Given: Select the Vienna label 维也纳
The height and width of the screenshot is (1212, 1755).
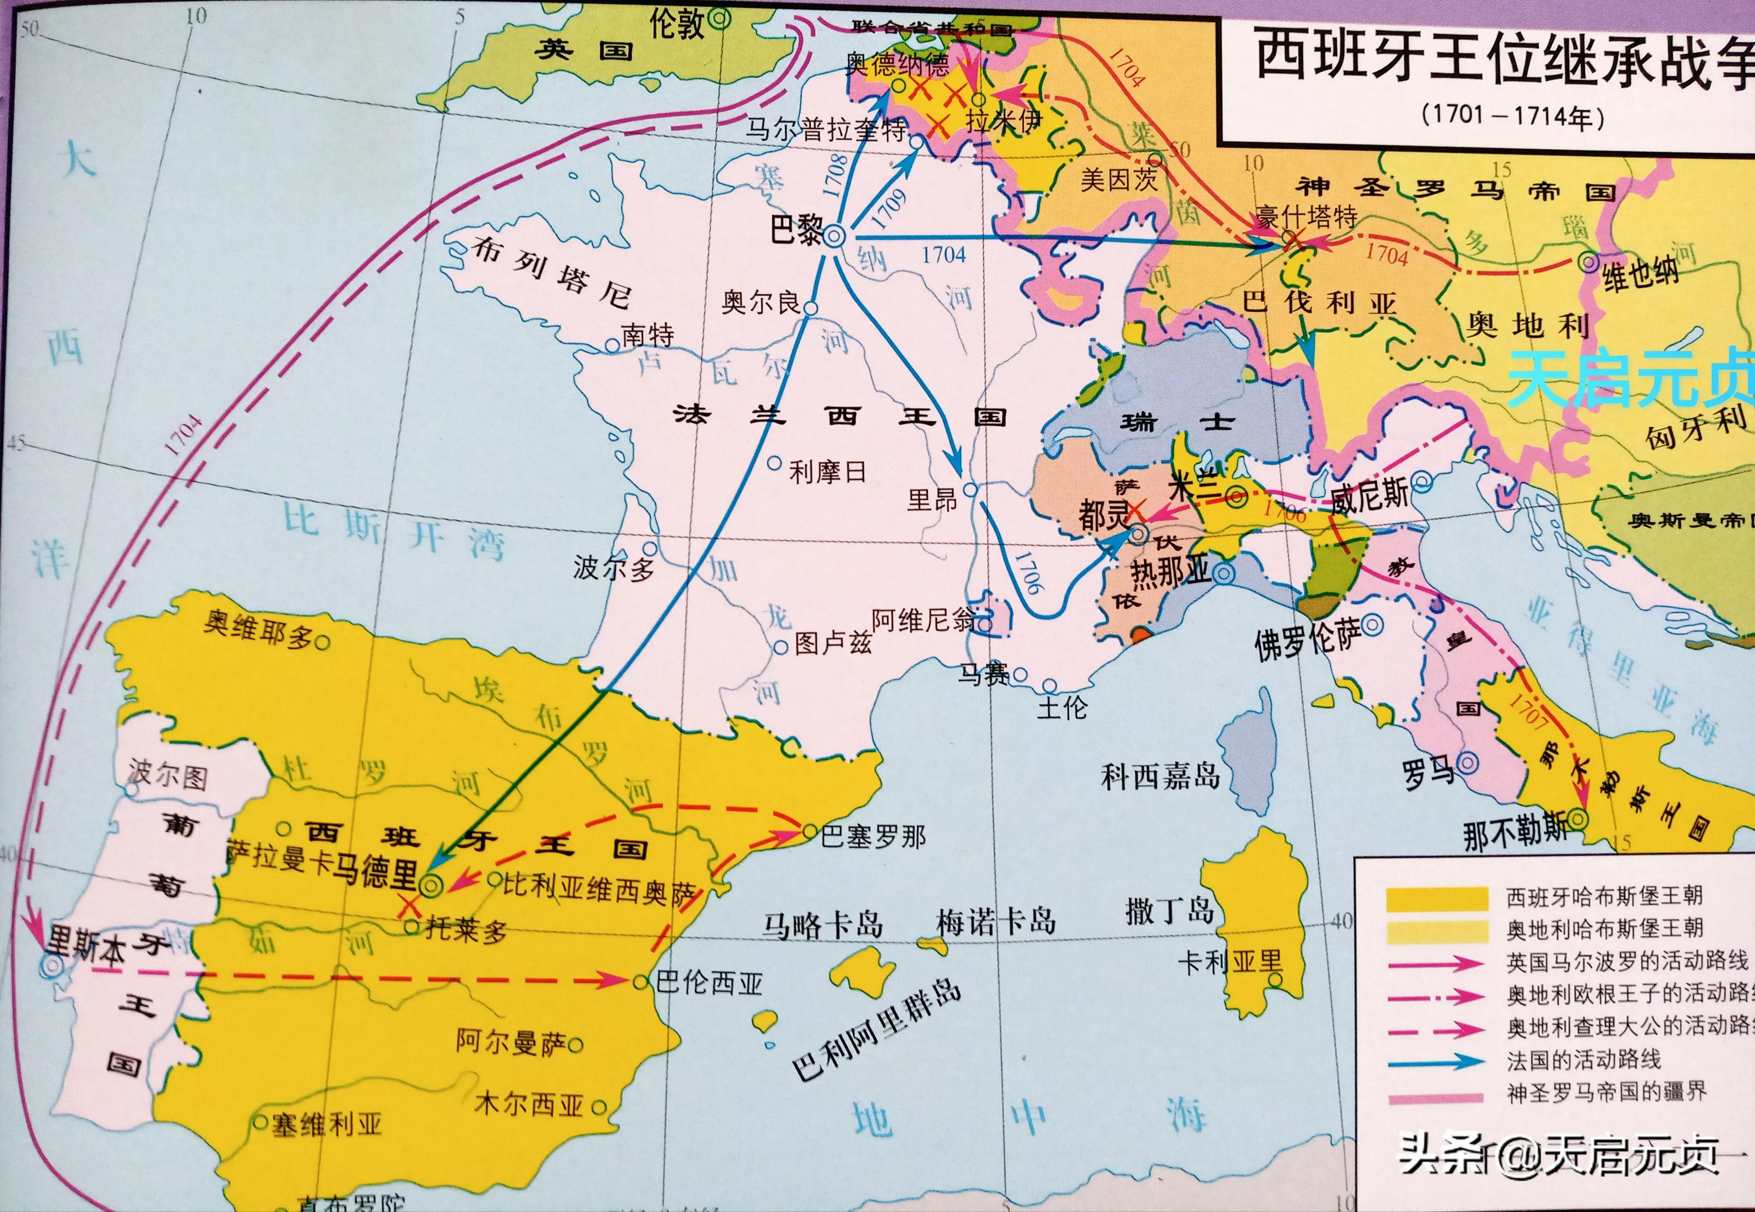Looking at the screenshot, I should pyautogui.click(x=1641, y=274).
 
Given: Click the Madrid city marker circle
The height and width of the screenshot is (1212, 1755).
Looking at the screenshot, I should pyautogui.click(x=430, y=883).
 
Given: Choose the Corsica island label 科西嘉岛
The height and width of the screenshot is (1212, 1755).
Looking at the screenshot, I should pyautogui.click(x=1160, y=776).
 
